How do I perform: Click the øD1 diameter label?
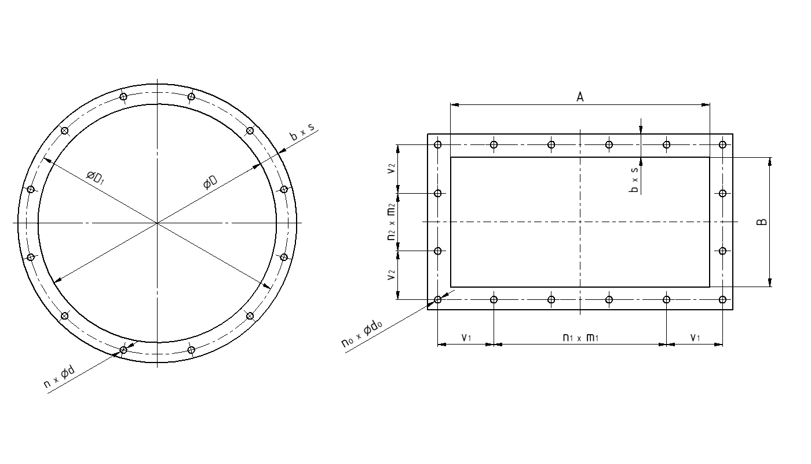95,177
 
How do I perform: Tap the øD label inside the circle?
210,182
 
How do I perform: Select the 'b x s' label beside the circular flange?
302,132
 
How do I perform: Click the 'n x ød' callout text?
59,377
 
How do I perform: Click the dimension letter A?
580,97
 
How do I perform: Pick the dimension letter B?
762,222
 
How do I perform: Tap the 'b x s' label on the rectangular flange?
634,180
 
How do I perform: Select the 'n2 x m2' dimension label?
391,222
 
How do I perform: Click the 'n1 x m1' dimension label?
580,338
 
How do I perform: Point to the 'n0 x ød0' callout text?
361,334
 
